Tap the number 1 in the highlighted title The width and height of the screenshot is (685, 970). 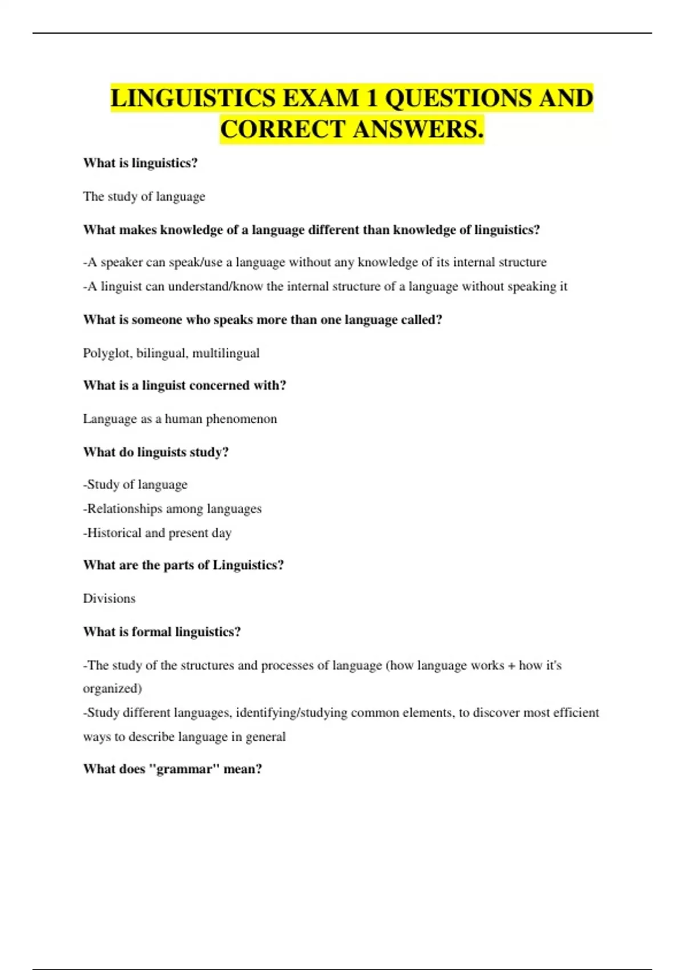(x=372, y=98)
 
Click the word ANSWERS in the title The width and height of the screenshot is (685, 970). (x=418, y=129)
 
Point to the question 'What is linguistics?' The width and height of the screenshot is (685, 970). (x=140, y=163)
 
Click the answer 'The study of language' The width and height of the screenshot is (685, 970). (x=144, y=196)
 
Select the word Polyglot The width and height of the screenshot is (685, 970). (x=107, y=353)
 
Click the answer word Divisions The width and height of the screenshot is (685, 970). (x=109, y=599)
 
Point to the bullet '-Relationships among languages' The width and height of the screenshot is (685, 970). (x=172, y=508)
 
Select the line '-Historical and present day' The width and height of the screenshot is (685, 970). (x=158, y=533)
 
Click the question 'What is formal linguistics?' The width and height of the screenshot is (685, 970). (x=162, y=632)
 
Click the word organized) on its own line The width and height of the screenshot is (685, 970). (x=112, y=689)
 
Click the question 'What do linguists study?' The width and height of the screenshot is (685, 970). (x=156, y=452)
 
